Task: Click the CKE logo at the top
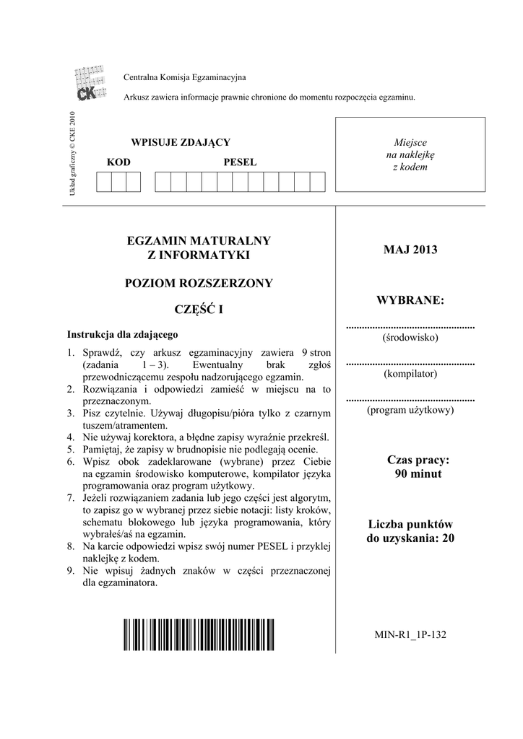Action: point(90,84)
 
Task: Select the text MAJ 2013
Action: point(411,250)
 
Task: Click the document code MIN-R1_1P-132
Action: point(411,635)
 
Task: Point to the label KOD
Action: point(118,162)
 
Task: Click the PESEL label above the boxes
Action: point(240,162)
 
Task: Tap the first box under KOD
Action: point(103,183)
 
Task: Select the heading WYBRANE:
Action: point(411,299)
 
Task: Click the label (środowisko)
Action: point(410,337)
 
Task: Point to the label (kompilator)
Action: point(410,374)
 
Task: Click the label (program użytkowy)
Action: point(410,410)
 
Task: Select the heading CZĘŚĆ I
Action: point(199,310)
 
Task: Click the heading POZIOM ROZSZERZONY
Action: point(199,283)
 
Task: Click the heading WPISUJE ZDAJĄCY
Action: point(180,142)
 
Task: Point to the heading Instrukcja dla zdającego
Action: point(123,335)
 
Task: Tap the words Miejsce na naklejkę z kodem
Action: point(410,154)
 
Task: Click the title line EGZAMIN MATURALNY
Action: point(199,240)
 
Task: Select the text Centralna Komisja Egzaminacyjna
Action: point(186,77)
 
